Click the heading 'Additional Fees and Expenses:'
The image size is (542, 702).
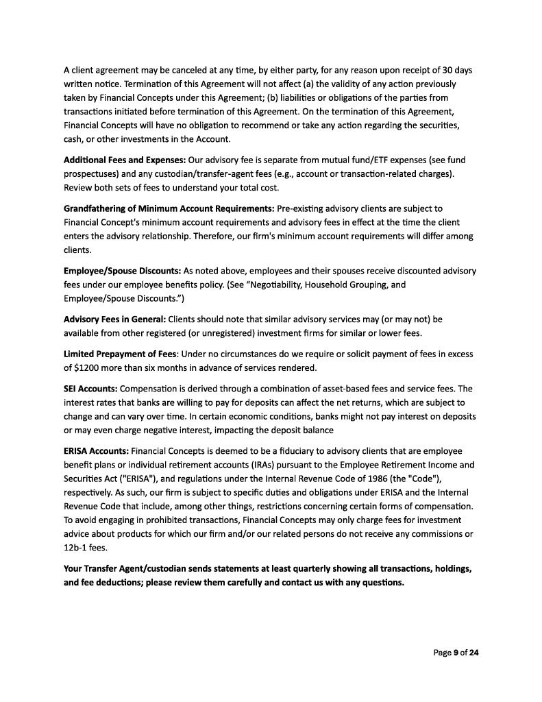coord(120,160)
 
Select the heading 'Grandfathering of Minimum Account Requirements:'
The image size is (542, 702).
coord(169,208)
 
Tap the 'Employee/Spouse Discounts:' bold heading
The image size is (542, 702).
coord(122,271)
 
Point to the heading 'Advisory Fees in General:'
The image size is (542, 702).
coord(114,319)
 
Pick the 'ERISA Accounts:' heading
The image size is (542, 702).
coord(95,451)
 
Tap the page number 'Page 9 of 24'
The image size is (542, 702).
coord(456,653)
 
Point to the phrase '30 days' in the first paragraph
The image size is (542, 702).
coord(455,71)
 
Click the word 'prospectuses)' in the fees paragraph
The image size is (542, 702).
coord(93,173)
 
